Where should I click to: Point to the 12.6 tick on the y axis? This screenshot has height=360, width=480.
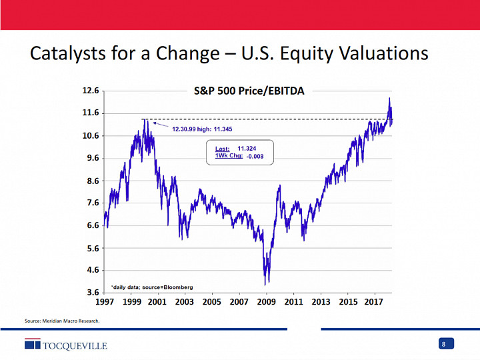(x=91, y=91)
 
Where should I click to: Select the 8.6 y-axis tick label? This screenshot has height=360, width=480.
(x=91, y=181)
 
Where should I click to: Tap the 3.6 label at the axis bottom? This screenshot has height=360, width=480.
(x=91, y=292)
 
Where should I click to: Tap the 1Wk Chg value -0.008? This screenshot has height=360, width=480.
(x=255, y=157)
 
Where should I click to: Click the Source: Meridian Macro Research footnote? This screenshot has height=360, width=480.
(x=62, y=321)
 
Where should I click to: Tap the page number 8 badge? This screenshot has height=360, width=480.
(x=444, y=344)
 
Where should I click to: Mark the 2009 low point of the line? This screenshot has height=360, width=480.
(x=267, y=283)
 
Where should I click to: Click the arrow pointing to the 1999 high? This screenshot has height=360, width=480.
(x=160, y=123)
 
